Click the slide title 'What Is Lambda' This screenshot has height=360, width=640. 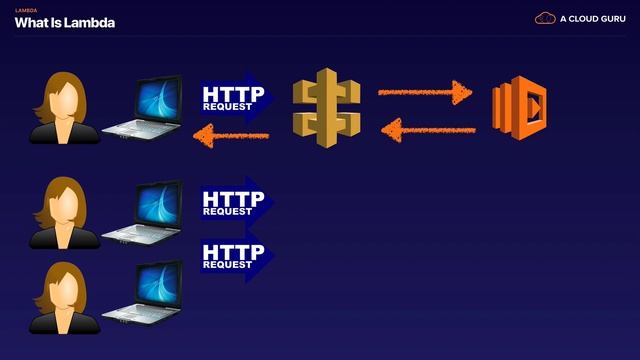(64, 23)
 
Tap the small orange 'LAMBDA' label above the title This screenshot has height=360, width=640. (25, 10)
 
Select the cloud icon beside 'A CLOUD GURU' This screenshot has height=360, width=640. (546, 18)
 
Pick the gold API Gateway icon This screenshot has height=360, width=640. (325, 107)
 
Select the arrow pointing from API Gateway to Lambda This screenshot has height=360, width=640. (424, 93)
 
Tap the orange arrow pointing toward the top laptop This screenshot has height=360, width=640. (232, 134)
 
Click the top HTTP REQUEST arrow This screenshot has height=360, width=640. (236, 96)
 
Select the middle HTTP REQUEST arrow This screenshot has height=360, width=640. (236, 201)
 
